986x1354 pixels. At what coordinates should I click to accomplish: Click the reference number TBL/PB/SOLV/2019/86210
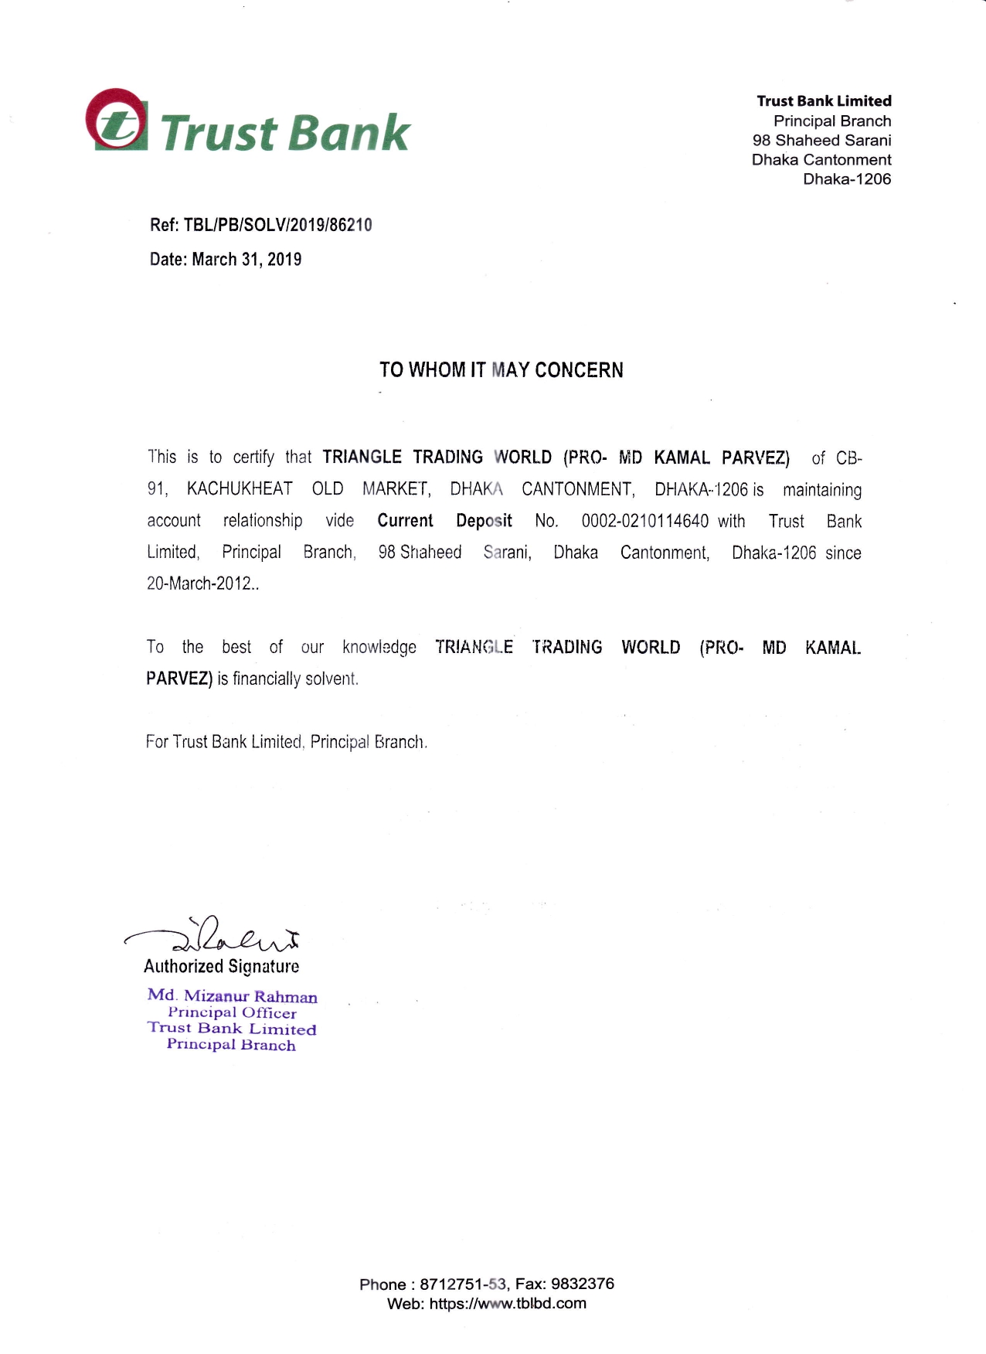(x=277, y=225)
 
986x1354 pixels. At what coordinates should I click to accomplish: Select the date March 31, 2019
(x=246, y=260)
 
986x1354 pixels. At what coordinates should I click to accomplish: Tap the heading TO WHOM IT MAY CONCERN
(x=501, y=370)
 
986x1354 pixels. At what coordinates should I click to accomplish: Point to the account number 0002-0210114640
(x=644, y=521)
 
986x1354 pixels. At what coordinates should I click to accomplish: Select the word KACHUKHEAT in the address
(x=240, y=489)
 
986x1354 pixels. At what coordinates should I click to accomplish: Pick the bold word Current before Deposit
(x=405, y=521)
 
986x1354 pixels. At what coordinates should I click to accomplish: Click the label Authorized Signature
(x=221, y=966)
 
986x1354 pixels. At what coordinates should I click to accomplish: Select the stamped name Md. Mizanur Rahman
(x=232, y=996)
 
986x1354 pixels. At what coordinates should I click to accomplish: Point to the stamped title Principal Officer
(x=232, y=1012)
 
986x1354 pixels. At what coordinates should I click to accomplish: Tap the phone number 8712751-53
(x=463, y=1284)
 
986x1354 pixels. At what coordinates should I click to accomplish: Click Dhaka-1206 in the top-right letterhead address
(x=847, y=179)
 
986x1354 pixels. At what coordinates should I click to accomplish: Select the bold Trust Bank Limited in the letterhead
(x=824, y=101)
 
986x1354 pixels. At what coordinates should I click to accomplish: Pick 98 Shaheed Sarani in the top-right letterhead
(x=821, y=141)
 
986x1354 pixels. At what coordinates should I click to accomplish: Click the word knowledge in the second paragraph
(x=379, y=648)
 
